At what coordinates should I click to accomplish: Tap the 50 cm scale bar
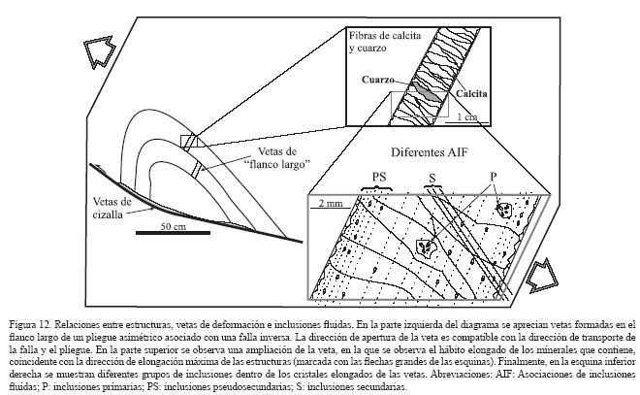click(172, 233)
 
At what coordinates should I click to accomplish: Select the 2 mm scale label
click(324, 204)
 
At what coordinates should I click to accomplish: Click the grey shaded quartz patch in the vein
click(414, 88)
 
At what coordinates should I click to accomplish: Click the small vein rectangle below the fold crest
click(198, 170)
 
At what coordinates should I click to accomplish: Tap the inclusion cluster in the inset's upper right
click(502, 210)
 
